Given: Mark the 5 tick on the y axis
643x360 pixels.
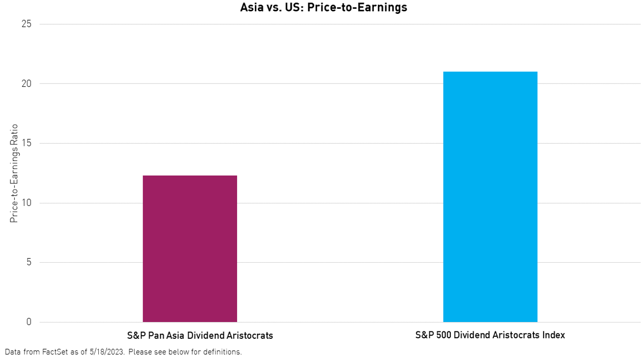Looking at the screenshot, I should pyautogui.click(x=29, y=262).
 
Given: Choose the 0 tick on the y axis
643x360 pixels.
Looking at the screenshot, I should pyautogui.click(x=29, y=322).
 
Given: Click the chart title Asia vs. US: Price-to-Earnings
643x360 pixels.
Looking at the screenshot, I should pyautogui.click(x=323, y=7).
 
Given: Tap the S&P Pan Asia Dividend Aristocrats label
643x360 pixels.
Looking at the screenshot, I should pyautogui.click(x=200, y=336).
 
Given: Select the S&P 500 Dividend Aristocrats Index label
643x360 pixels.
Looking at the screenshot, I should pyautogui.click(x=490, y=335).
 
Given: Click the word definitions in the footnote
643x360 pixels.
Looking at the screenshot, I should pyautogui.click(x=224, y=352).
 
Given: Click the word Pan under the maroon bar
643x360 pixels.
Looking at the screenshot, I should pyautogui.click(x=155, y=336).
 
